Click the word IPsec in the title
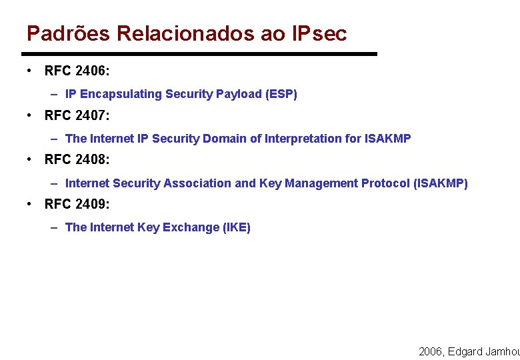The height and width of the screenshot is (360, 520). pos(319,33)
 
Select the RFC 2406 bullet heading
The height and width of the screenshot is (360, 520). pos(77,71)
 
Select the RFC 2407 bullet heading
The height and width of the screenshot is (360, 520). pos(77,115)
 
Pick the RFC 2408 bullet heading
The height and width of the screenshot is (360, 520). pos(77,160)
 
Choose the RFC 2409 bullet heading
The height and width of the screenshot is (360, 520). pos(77,204)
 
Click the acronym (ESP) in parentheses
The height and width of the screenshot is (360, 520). pos(281,94)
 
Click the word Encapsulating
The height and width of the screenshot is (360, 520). pos(121,94)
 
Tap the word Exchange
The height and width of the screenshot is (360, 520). pos(188,227)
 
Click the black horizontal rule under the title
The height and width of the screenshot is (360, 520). pos(199,54)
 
